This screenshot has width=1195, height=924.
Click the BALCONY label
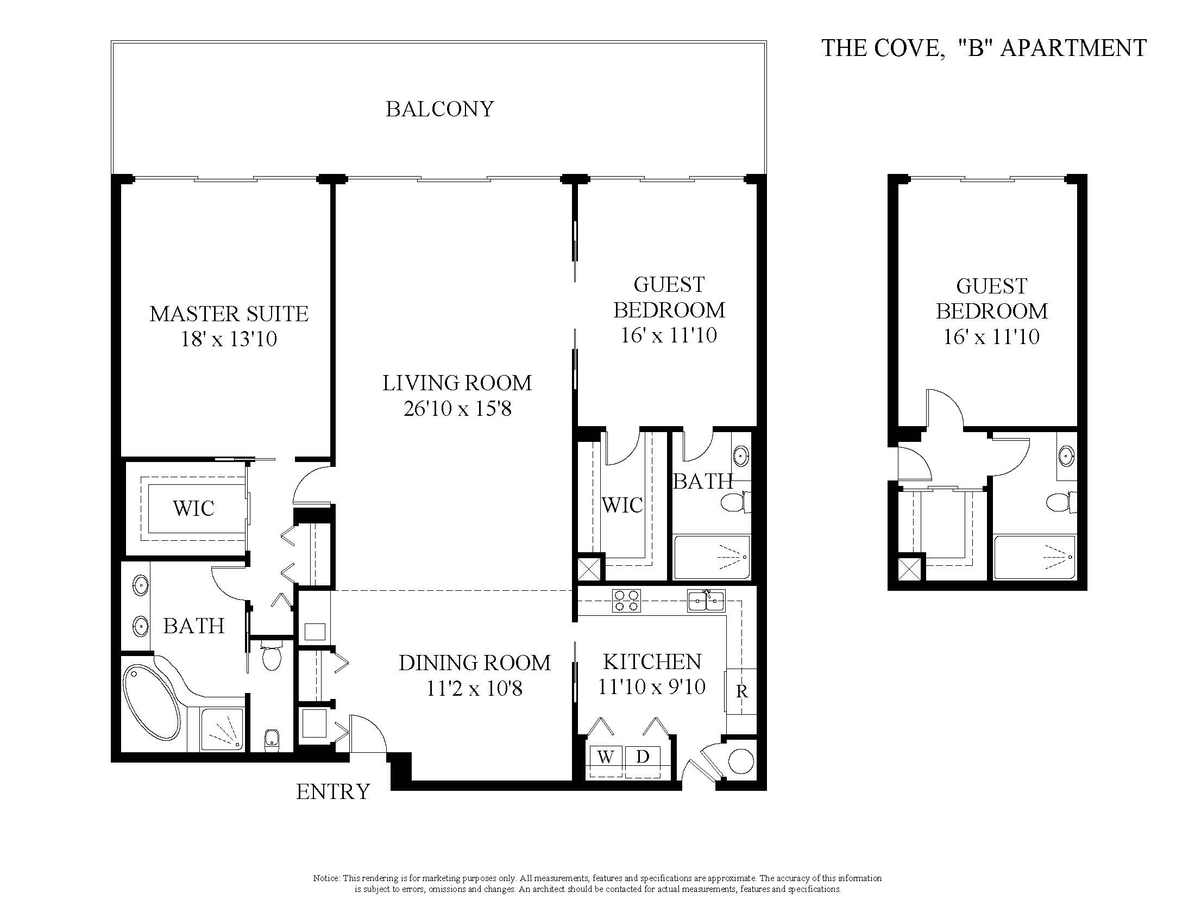click(439, 109)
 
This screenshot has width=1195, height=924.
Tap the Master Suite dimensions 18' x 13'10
click(229, 339)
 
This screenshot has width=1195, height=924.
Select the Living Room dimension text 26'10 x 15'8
click(457, 408)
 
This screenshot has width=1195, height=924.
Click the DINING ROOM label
click(474, 663)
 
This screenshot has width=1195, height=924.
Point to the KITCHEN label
click(652, 661)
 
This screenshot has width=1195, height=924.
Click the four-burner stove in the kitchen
click(626, 600)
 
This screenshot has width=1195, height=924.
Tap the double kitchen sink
click(706, 601)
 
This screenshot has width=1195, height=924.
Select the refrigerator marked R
click(741, 691)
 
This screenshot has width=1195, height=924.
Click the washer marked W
click(605, 757)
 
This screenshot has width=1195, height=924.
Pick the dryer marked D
click(643, 757)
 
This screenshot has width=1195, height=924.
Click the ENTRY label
click(332, 791)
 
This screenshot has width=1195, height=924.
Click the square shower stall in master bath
click(222, 728)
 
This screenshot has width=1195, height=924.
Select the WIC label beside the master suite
click(193, 508)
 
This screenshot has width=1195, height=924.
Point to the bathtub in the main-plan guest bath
click(711, 557)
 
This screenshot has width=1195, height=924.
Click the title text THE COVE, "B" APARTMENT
click(983, 48)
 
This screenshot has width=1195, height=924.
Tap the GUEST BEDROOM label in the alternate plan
click(991, 298)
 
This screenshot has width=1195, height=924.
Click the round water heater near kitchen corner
click(741, 760)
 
